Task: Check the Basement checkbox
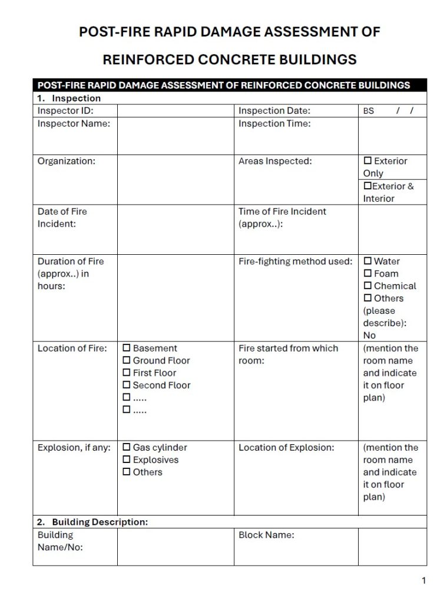[x=126, y=349]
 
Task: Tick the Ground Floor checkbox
[x=126, y=361]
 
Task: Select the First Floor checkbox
[x=126, y=373]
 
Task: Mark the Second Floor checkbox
[x=126, y=386]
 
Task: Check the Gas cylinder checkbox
[x=126, y=448]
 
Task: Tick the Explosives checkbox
[x=126, y=460]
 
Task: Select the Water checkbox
[x=367, y=261]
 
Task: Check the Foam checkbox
[x=367, y=274]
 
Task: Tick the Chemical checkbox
[x=367, y=286]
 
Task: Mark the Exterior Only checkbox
[x=367, y=161]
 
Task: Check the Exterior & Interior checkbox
[x=367, y=186]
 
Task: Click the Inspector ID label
[x=65, y=110]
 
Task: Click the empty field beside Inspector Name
[x=176, y=136]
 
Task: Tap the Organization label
[x=67, y=161]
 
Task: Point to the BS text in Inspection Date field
[x=369, y=111]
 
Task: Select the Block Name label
[x=266, y=535]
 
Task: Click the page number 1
[x=423, y=581]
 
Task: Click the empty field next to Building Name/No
[x=176, y=547]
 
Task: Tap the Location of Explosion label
[x=286, y=448]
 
